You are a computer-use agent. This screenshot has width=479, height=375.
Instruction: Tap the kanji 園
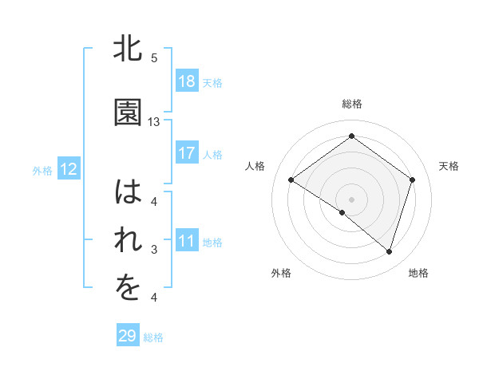pos(129,113)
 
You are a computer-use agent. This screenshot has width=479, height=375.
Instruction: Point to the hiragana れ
pos(129,243)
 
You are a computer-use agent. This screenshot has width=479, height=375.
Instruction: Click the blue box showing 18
pos(186,81)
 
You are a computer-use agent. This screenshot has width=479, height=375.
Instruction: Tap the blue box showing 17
pos(186,153)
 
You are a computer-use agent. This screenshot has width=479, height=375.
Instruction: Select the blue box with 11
pos(186,242)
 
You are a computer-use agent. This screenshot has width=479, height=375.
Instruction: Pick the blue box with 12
pos(68,169)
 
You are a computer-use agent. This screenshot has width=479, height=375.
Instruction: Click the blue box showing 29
pos(128,336)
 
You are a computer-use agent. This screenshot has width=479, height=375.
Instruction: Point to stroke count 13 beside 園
pos(154,122)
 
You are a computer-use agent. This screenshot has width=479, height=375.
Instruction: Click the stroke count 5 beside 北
pos(154,58)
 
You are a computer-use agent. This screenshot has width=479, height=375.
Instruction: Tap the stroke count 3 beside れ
pos(154,251)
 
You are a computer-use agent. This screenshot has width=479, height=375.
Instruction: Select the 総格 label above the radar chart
pos(351,104)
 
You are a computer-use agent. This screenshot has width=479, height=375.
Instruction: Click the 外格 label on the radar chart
pos(281,273)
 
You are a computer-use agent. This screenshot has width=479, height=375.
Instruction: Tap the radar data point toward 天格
pos(412,180)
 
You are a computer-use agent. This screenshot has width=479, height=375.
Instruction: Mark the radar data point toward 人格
pos(291,180)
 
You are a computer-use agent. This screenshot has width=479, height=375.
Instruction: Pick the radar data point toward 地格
pos(389,251)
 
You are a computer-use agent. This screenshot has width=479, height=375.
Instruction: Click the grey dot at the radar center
pos(351,199)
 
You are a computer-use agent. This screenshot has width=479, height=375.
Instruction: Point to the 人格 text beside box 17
pos(212,154)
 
